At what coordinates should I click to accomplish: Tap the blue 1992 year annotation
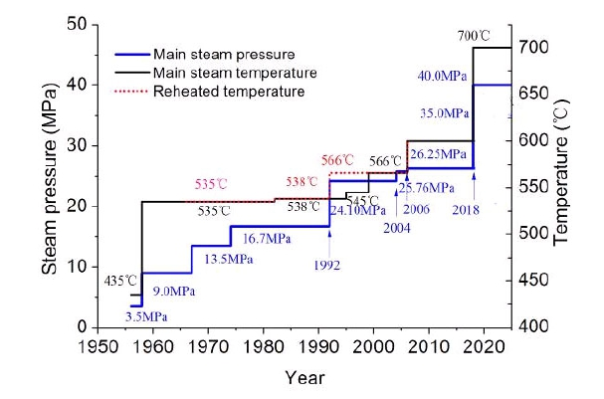tap(326, 266)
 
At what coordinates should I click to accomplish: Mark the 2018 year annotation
tap(466, 210)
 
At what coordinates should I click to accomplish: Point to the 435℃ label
tap(121, 282)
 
